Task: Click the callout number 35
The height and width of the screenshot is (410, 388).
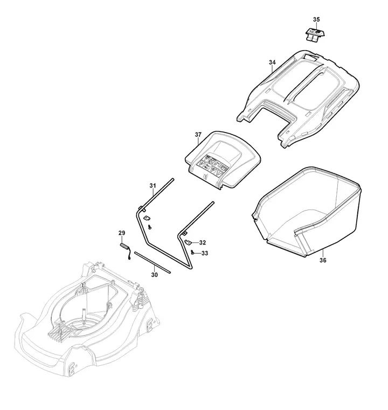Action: click(316, 19)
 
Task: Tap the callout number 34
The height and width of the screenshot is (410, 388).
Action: click(272, 62)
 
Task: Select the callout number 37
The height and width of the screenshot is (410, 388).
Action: click(198, 135)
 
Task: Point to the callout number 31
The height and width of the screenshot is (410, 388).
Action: click(153, 186)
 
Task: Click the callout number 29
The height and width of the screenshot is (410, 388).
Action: click(122, 233)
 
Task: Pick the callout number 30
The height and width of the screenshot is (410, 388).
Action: click(155, 275)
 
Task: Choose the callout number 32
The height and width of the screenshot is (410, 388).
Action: click(203, 242)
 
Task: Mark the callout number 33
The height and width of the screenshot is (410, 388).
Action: click(205, 253)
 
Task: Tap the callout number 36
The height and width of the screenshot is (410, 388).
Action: click(323, 260)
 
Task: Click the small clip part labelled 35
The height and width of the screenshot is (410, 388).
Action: click(315, 34)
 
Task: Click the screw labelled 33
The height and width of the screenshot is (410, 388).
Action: click(192, 252)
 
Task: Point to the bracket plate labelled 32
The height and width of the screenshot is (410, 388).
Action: click(188, 242)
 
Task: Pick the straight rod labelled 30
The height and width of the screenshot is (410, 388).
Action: click(153, 262)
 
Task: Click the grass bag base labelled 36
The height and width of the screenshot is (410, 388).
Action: click(307, 212)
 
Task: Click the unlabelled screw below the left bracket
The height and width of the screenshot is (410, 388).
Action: click(150, 227)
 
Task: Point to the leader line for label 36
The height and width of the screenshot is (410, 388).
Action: click(323, 253)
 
